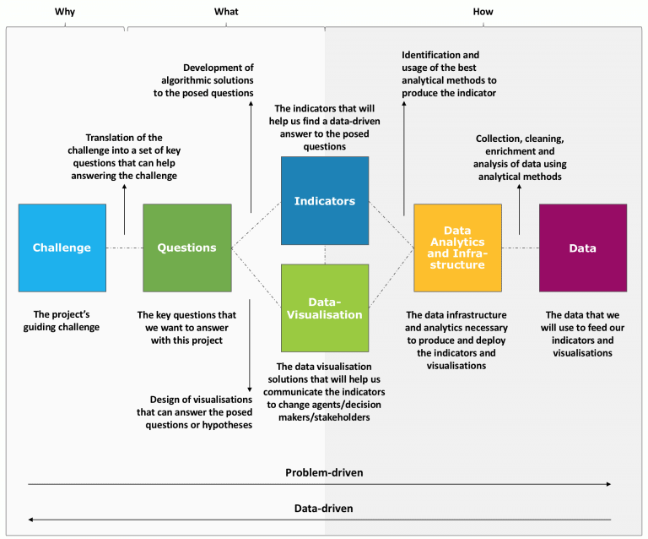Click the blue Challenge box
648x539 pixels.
click(x=62, y=248)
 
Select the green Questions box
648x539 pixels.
click(x=186, y=248)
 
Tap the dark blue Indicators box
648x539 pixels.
click(x=324, y=201)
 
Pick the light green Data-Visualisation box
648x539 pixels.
click(x=324, y=308)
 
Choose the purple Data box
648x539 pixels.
click(x=582, y=248)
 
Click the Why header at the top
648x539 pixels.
click(x=64, y=12)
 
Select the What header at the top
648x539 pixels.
click(x=225, y=12)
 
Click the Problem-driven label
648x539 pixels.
click(x=324, y=472)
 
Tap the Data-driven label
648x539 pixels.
click(x=324, y=509)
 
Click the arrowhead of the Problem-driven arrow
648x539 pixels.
click(x=607, y=485)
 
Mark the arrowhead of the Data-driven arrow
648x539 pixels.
click(x=31, y=520)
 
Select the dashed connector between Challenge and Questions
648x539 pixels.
click(x=124, y=248)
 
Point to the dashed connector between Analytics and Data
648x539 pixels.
click(x=519, y=248)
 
